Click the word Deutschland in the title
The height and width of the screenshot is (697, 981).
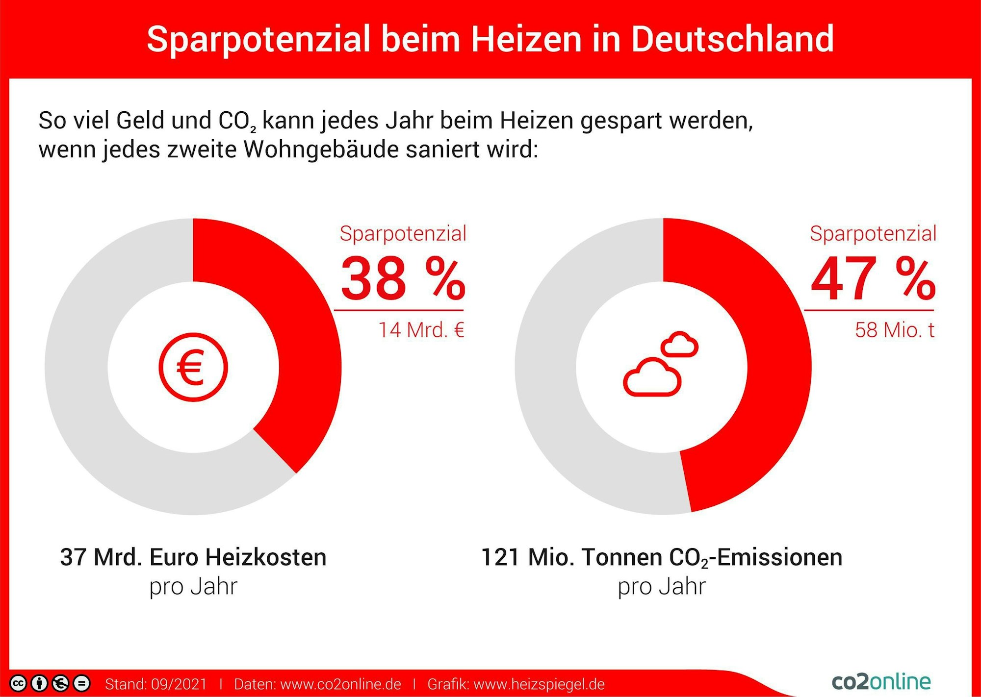732,39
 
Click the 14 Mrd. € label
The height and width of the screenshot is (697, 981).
421,330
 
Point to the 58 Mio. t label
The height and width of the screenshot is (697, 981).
894,330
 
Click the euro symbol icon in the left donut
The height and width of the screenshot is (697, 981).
193,367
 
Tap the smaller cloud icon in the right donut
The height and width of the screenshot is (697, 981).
679,344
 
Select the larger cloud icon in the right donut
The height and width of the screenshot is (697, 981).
652,377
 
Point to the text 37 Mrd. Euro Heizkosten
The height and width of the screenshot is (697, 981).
193,557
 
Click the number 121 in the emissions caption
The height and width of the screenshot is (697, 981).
500,557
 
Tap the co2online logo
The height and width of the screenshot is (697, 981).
881,682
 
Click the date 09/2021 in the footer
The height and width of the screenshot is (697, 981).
179,684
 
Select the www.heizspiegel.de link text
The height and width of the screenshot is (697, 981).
539,684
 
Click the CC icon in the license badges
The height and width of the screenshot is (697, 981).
18,683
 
